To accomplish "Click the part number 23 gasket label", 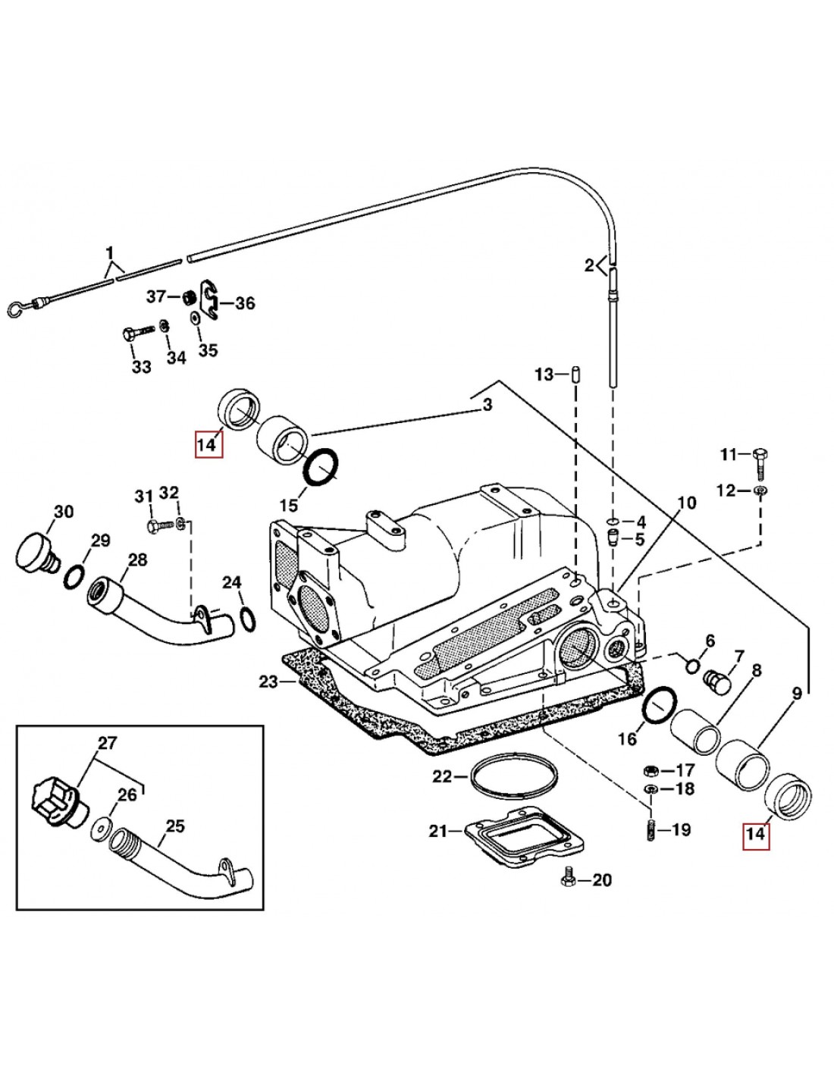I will point(268,682).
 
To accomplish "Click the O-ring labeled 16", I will point(657,707).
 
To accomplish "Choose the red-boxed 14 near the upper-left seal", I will point(207,444).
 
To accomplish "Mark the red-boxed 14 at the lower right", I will point(756,836).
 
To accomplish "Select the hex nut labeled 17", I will point(650,770).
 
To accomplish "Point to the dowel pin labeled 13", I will point(575,374).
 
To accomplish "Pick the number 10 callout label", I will point(685,503).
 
